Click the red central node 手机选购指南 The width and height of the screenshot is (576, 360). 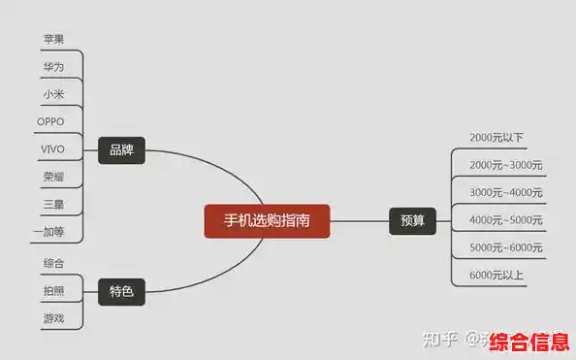[x=268, y=221]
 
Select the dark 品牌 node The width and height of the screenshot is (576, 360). [x=121, y=150]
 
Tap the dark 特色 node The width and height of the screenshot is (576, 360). [x=121, y=290]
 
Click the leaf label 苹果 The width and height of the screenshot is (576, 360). [x=54, y=40]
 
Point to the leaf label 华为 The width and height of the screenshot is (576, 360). [x=54, y=67]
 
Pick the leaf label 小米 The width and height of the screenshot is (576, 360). [x=54, y=94]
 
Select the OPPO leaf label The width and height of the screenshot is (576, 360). [x=50, y=121]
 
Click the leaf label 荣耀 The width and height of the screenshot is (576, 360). [x=54, y=177]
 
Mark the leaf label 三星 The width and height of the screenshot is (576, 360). [x=54, y=204]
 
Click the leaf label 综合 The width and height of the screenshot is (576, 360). [x=54, y=263]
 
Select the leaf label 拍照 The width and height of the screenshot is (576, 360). [x=54, y=290]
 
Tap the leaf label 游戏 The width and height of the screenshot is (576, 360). [x=54, y=317]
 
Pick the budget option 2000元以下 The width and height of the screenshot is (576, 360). [x=496, y=138]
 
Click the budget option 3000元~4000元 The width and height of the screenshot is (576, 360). [x=506, y=192]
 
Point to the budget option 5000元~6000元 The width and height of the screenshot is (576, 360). [x=506, y=247]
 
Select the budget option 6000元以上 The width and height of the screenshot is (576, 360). [x=496, y=275]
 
